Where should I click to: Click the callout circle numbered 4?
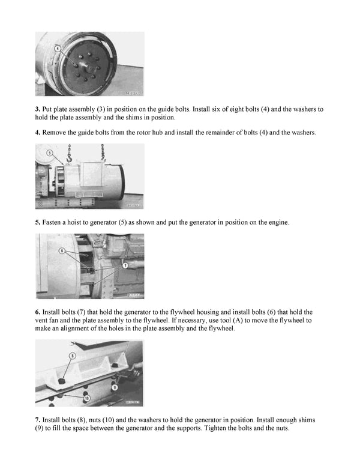coord(58,47)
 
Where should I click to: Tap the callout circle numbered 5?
coord(49,153)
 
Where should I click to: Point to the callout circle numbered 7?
coord(125,264)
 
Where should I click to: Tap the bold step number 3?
coord(37,109)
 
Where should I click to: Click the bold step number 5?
coord(37,222)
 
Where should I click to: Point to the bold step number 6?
coord(37,312)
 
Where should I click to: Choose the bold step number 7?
coord(37,419)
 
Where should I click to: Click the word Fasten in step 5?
coord(53,222)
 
